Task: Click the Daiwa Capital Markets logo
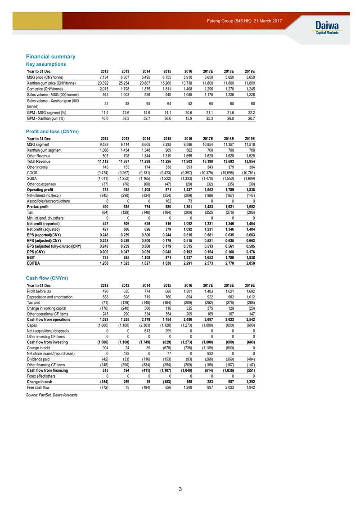click(x=327, y=27)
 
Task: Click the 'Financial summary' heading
click(x=50, y=57)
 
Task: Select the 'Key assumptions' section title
click(x=46, y=64)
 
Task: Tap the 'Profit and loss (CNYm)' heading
click(x=52, y=131)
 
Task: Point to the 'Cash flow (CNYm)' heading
click(x=47, y=278)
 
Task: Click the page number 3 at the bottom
click(x=180, y=489)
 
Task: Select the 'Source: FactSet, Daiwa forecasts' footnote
click(x=52, y=395)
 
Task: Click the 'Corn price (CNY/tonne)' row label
click(x=47, y=89)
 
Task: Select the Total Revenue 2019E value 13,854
click(x=249, y=161)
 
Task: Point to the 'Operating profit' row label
click(x=40, y=190)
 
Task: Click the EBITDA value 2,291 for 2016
click(x=186, y=263)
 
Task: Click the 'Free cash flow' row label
click(x=38, y=387)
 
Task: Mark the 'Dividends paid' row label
click(x=39, y=359)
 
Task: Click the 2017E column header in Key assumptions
click(x=207, y=72)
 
